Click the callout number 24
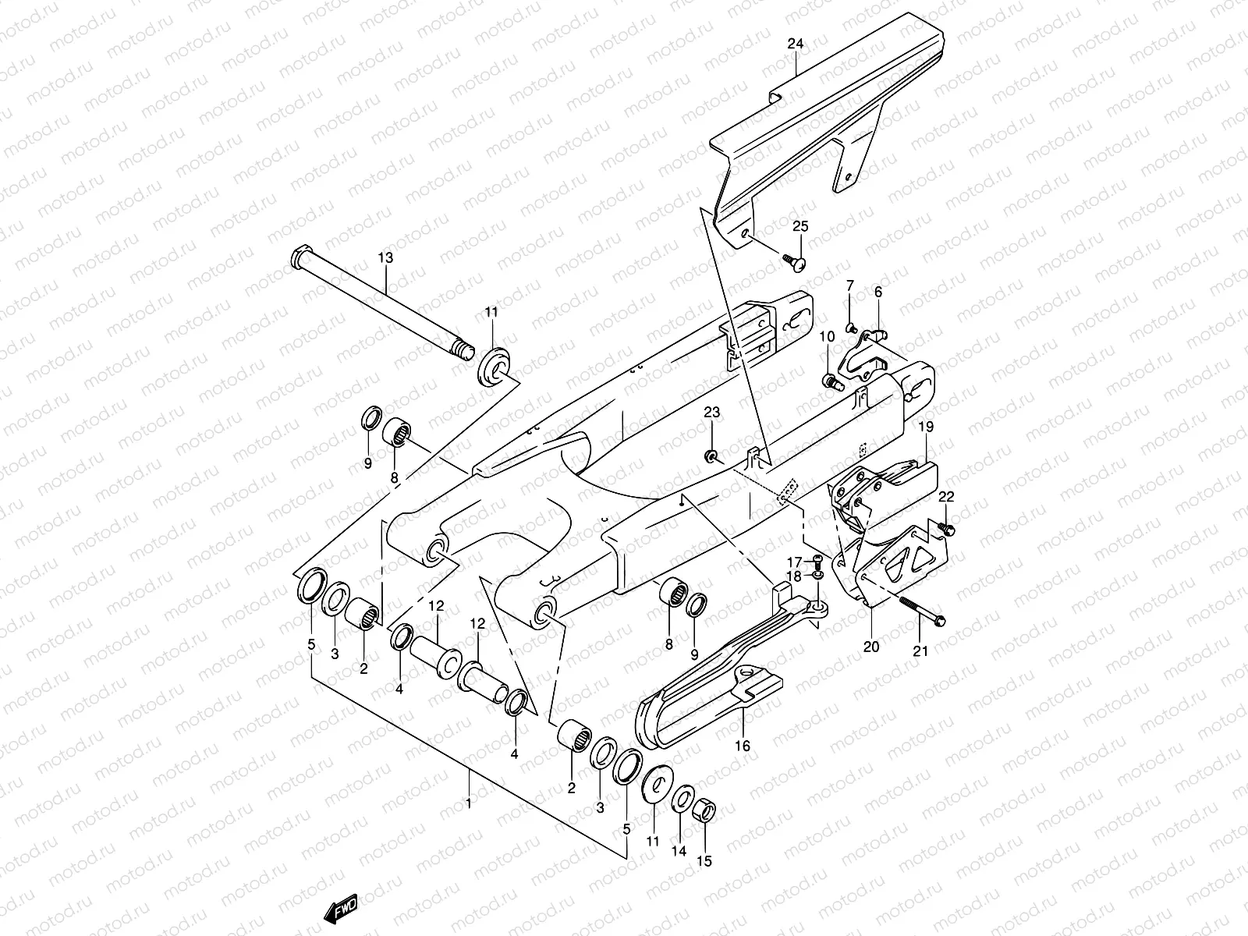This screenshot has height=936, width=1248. (795, 44)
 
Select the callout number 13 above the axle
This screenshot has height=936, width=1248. (385, 258)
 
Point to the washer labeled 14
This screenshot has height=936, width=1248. (681, 800)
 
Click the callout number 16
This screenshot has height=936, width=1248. (743, 746)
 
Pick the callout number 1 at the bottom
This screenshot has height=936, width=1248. (469, 803)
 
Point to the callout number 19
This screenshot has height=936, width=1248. (925, 427)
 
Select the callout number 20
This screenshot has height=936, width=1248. (871, 647)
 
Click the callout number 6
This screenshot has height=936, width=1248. (877, 292)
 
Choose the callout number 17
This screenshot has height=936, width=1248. (793, 562)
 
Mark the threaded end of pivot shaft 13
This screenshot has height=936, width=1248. (467, 350)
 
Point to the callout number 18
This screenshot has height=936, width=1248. (793, 576)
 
